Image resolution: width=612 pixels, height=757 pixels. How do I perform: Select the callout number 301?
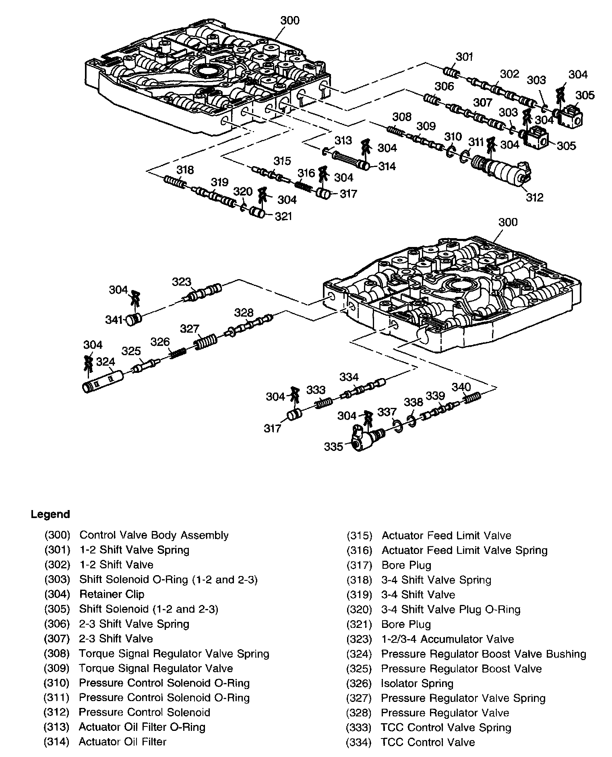tap(464, 57)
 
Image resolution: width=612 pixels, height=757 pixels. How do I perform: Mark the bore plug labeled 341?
tap(133, 320)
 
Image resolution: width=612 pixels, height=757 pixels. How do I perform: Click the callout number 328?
tap(244, 313)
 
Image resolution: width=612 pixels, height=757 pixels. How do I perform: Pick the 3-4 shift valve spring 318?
tap(175, 182)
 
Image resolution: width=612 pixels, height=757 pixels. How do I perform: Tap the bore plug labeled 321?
tap(256, 212)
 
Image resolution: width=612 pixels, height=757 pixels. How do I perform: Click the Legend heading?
tap(50, 514)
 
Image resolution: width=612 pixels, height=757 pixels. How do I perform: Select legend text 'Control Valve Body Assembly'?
tap(154, 535)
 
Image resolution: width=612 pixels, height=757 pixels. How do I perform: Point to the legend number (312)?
tap(57, 712)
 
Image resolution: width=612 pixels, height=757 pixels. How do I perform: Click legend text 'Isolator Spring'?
tap(417, 683)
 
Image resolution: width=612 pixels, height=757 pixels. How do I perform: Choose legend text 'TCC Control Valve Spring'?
tap(446, 727)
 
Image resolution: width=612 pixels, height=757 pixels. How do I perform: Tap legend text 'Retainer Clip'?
tap(112, 594)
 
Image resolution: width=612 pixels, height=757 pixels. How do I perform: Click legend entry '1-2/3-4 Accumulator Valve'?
tap(447, 639)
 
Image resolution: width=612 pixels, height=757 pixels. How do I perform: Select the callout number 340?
tap(461, 387)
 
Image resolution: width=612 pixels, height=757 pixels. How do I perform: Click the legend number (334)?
tap(359, 742)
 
